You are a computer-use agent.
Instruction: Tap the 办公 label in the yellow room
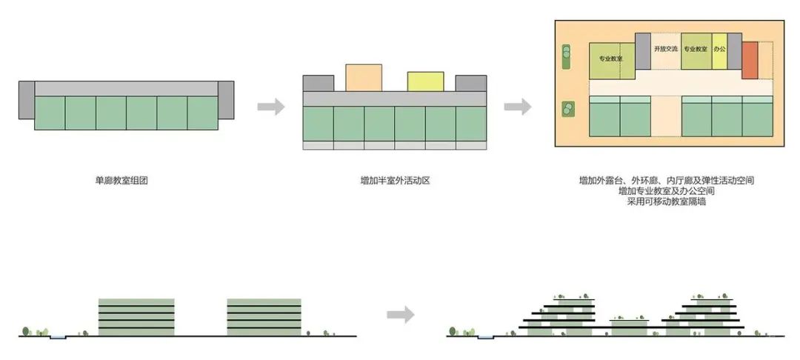point(719,50)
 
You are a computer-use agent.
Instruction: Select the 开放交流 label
point(665,50)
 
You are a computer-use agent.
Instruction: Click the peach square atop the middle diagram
point(364,78)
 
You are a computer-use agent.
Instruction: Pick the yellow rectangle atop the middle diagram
point(425,81)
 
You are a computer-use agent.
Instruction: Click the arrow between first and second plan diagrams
point(271,107)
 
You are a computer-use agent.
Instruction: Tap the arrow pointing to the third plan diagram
point(518,107)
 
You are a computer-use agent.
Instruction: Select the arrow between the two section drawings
point(400,315)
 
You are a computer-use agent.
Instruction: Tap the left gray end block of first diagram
point(27,100)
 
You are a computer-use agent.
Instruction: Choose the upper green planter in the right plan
point(568,56)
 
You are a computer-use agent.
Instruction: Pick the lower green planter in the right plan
point(569,110)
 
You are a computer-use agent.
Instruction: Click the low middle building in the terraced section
point(629,328)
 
